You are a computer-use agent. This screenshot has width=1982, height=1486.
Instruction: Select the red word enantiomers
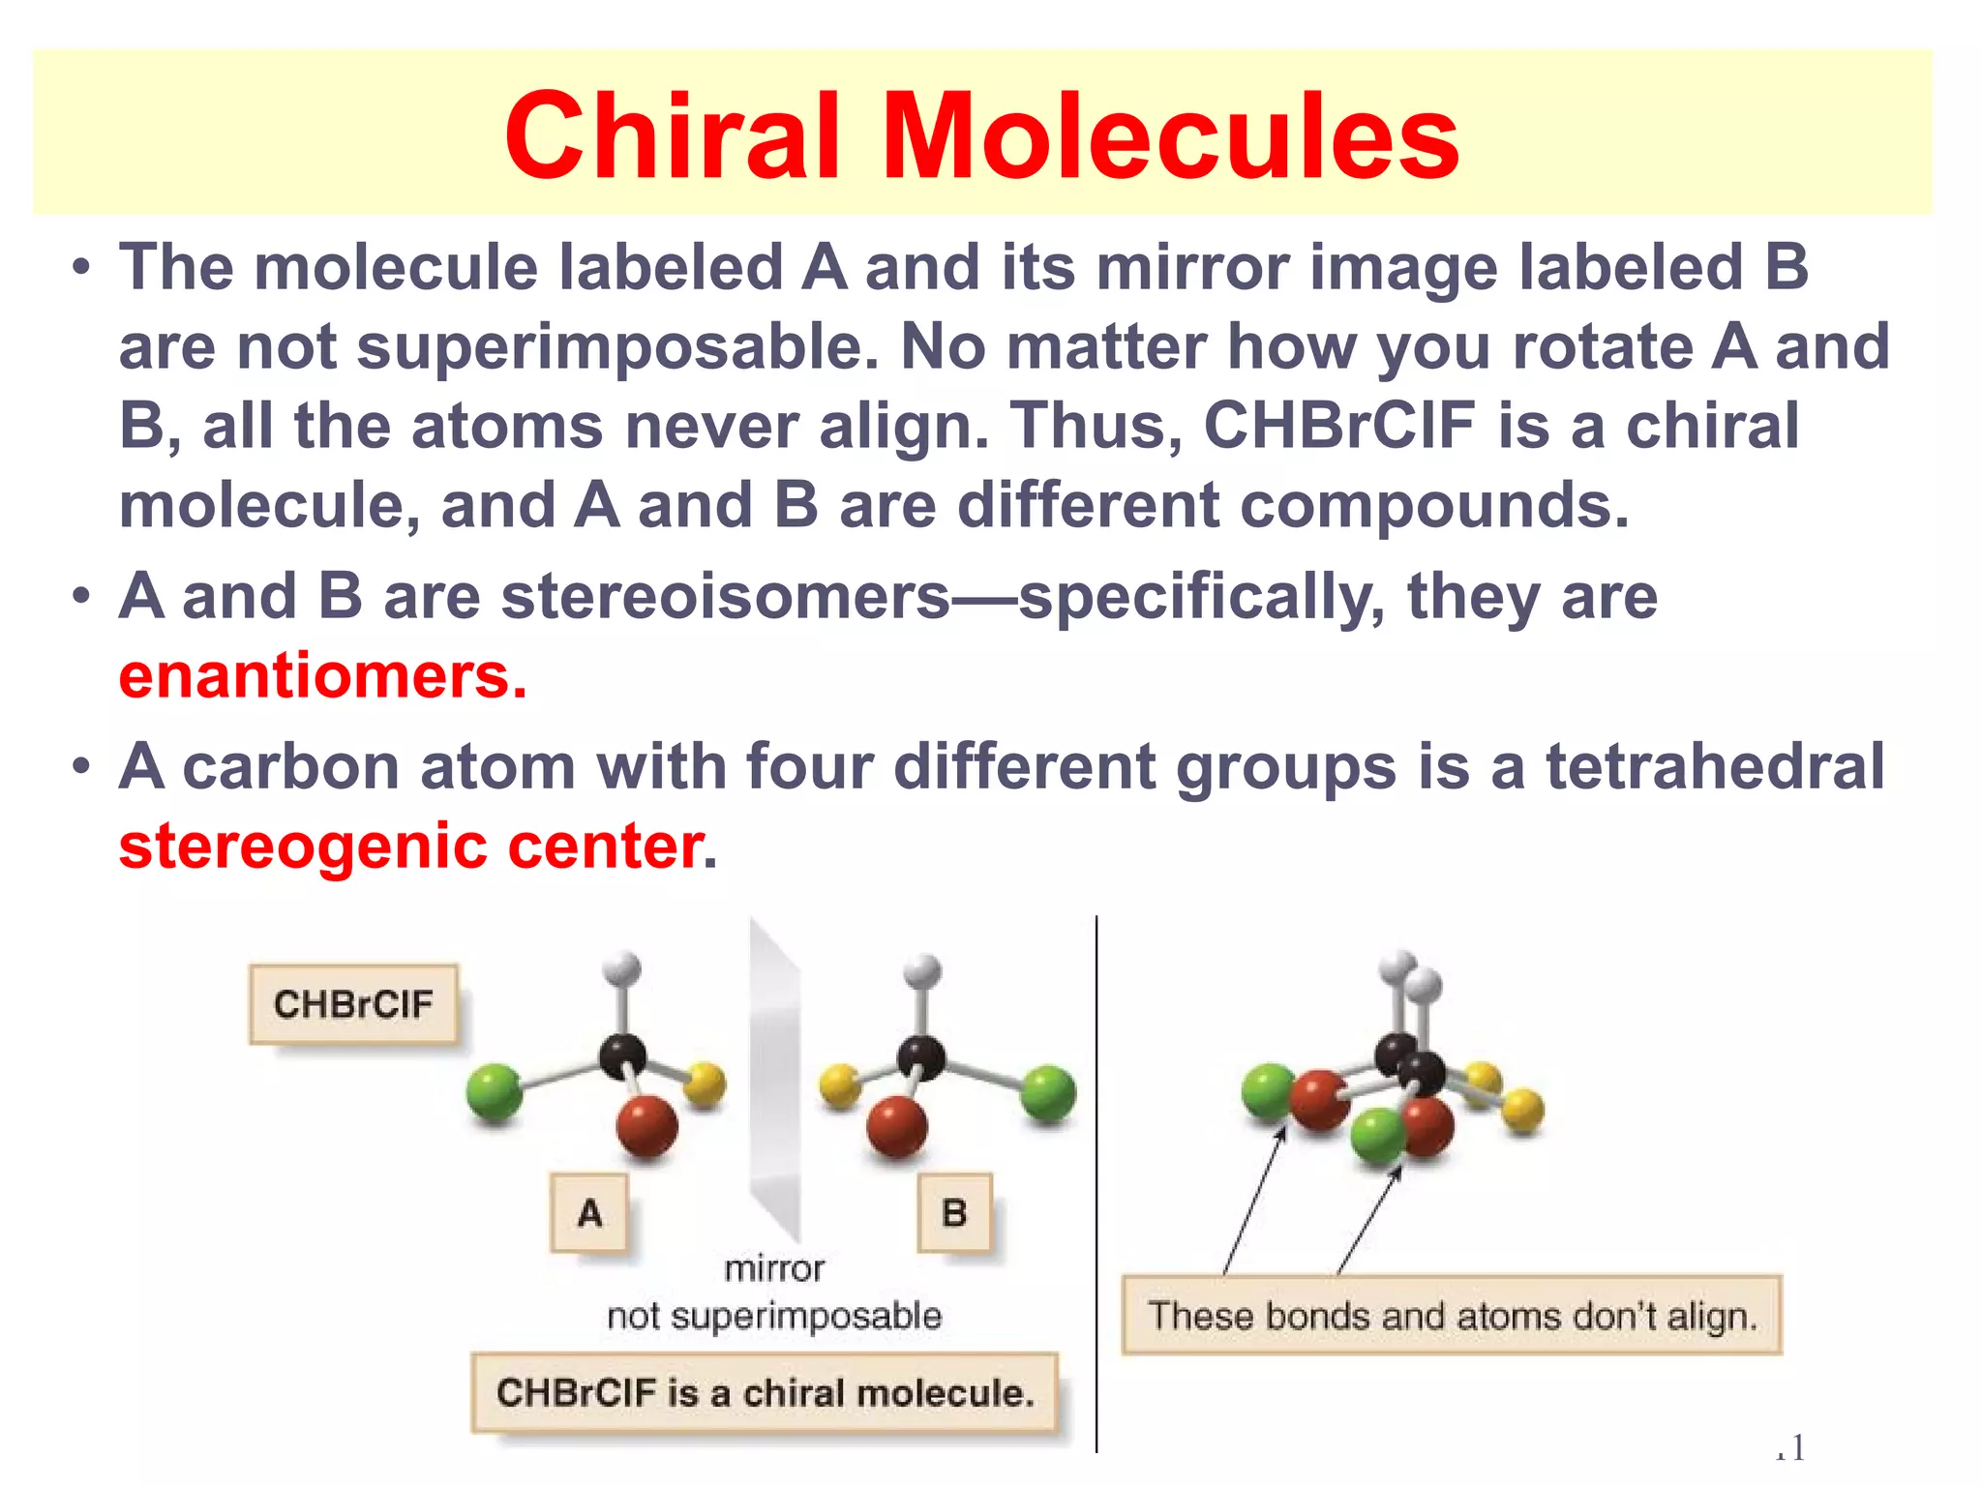click(322, 675)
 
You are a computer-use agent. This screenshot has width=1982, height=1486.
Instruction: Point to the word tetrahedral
click(1715, 766)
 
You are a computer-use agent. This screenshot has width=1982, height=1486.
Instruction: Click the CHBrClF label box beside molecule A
click(353, 1004)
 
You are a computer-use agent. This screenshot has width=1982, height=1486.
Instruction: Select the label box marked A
click(589, 1213)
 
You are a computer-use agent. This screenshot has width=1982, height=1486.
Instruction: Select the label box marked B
click(954, 1213)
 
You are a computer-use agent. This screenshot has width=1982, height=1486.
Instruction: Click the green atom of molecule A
click(495, 1092)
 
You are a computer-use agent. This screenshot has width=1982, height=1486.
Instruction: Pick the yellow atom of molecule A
click(706, 1084)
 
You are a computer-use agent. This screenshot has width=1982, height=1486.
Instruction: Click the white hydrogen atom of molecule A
click(621, 968)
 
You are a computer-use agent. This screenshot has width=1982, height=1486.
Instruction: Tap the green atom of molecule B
click(1048, 1092)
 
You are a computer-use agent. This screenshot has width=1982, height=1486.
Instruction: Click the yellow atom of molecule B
click(839, 1085)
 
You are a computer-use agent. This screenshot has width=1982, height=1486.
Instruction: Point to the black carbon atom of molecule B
click(920, 1056)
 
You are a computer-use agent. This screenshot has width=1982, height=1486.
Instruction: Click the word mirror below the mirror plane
click(774, 1268)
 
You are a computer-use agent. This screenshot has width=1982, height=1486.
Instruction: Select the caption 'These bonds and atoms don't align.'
click(1452, 1316)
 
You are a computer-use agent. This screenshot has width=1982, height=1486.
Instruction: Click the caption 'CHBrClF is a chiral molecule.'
click(765, 1393)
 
